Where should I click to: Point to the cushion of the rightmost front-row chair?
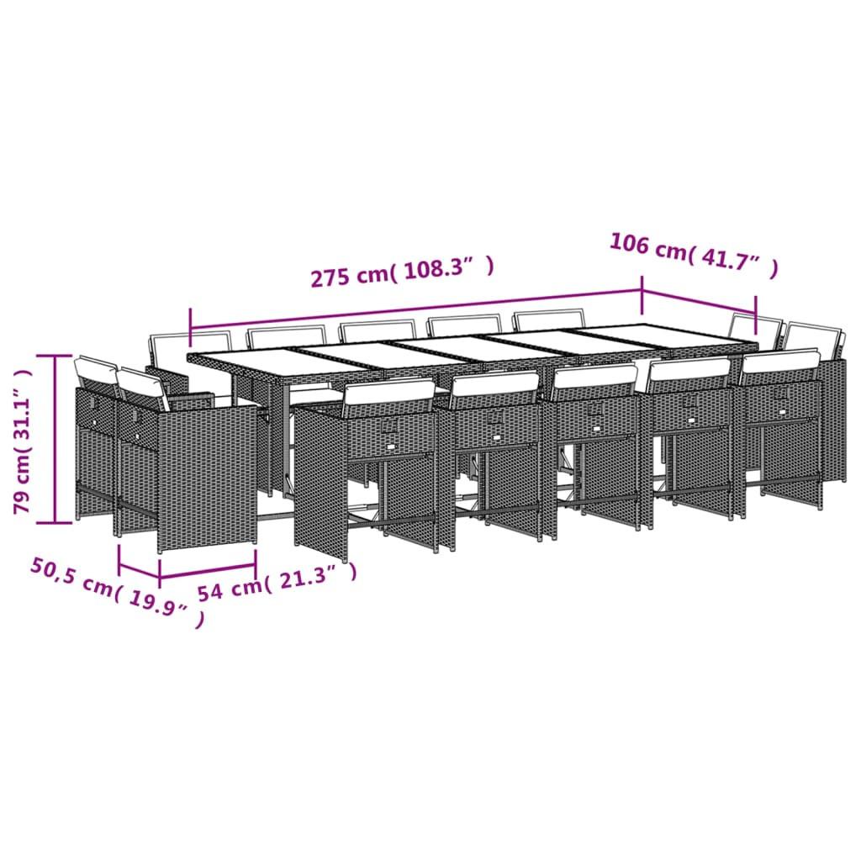pyautogui.click(x=780, y=361)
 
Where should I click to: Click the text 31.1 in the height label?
pyautogui.click(x=25, y=396)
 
